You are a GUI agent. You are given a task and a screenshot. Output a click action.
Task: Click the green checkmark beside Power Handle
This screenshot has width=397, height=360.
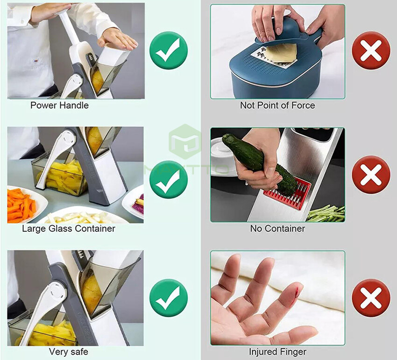click(169, 50)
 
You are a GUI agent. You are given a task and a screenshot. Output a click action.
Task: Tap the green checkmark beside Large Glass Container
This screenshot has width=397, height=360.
click(169, 180)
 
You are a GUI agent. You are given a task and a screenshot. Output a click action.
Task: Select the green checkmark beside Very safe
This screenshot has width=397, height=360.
click(169, 298)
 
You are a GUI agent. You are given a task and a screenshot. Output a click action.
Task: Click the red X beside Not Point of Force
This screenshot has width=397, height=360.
click(371, 50)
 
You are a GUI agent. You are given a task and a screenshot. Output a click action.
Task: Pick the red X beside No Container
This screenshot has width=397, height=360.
click(371, 175)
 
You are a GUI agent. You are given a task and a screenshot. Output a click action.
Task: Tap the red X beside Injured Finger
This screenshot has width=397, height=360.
click(371, 298)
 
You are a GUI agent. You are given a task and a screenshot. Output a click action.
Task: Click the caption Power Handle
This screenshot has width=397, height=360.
click(59, 105)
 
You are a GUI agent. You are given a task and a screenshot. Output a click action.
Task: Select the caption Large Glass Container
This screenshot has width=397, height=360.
click(69, 228)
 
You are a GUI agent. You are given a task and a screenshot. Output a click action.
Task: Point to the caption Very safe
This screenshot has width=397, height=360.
click(69, 352)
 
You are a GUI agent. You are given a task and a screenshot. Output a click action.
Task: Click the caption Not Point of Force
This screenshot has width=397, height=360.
click(277, 105)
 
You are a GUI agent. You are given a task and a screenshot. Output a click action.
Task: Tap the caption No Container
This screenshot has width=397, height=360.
click(277, 228)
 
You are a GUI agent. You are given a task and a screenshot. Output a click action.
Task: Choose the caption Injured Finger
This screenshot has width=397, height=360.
click(277, 352)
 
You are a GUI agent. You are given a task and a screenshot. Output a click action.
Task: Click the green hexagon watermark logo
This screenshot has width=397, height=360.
click(185, 142)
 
